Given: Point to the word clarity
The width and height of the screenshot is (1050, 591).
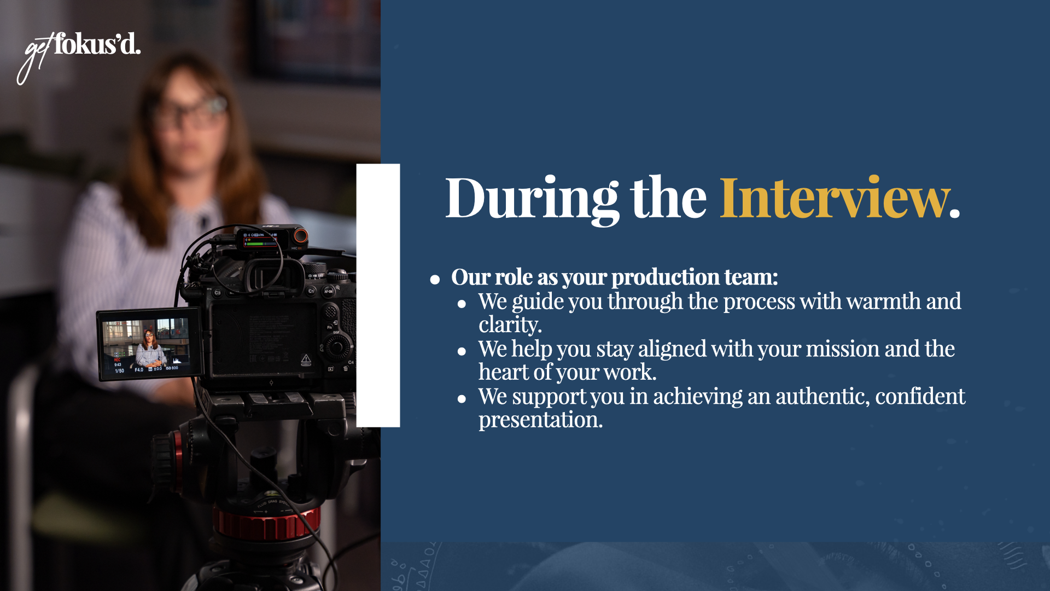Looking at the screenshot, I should [509, 325].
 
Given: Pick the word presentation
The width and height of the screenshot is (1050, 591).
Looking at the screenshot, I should [540, 420].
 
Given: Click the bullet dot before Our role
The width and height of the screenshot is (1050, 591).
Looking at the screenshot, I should [435, 280].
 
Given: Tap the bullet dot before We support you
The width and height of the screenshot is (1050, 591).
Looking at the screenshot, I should [462, 399].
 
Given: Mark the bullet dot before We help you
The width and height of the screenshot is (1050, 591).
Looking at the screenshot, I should [462, 351].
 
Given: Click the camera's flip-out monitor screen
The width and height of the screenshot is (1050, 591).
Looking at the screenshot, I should [148, 345].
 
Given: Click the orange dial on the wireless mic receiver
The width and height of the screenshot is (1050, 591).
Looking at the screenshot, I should [300, 236].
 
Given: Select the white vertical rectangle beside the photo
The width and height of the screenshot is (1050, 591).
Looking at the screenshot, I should [378, 296].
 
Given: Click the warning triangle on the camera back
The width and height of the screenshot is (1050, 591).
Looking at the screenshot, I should [306, 360].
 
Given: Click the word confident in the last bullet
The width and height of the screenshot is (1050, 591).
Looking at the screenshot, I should [920, 397].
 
